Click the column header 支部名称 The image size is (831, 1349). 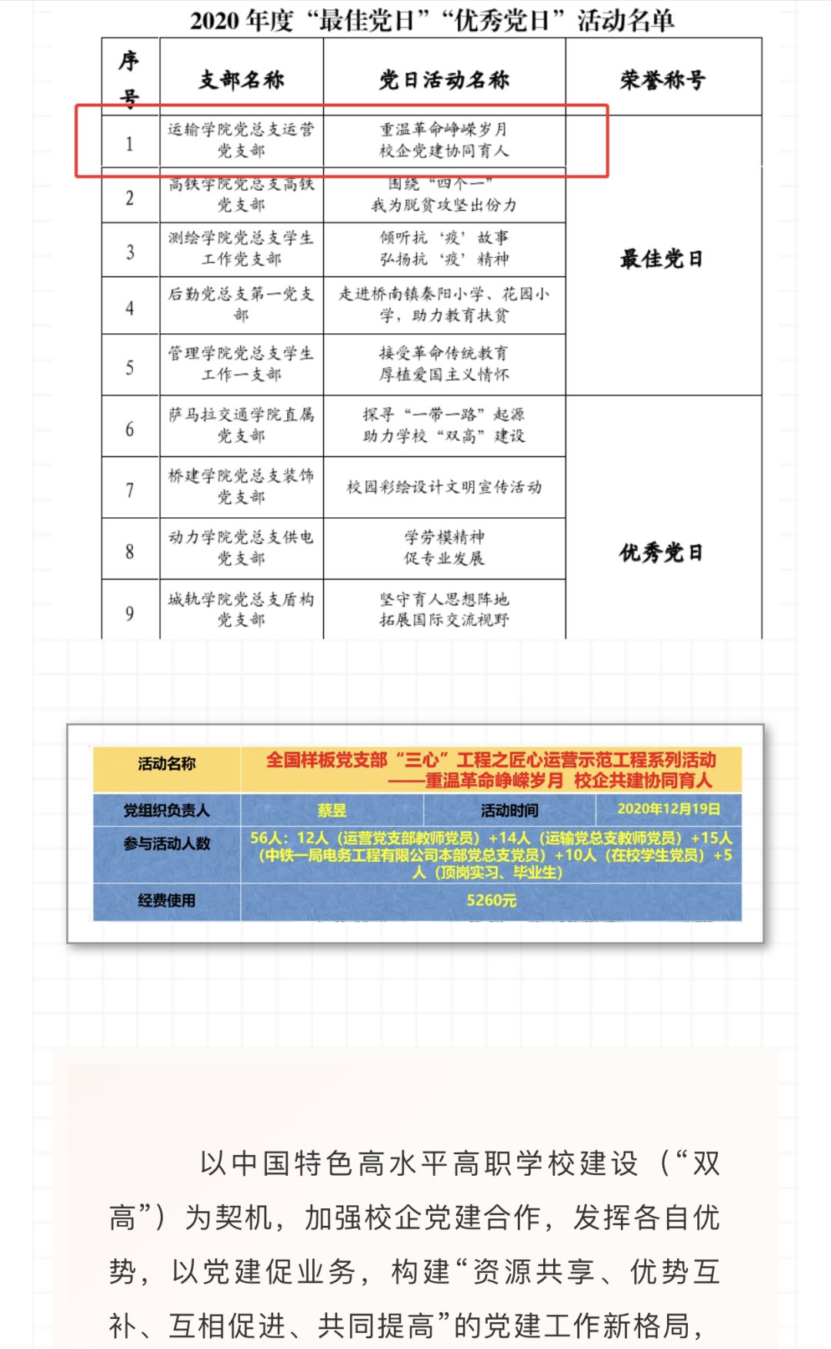pos(242,79)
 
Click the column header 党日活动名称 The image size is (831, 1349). pos(444,79)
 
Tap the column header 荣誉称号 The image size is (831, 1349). pos(662,79)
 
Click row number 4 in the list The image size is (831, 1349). pos(130,308)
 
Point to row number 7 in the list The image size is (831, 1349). pos(130,490)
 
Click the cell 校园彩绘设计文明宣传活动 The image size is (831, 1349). pos(444,487)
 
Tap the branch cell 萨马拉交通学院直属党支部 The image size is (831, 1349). pos(242,426)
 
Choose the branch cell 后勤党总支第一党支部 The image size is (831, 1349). pos(242,304)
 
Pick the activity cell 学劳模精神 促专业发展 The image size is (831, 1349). pos(444,547)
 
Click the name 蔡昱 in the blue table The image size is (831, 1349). pos(332,810)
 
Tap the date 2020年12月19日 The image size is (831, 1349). pos(669,809)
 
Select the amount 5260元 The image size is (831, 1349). pos(491,900)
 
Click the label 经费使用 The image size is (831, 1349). pos(166,900)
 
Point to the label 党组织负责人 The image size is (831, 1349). pos(166,810)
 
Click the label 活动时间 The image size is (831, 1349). pos(509,810)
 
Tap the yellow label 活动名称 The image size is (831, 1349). pos(166,764)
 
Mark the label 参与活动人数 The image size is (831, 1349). pos(166,844)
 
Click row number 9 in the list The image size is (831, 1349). pos(130,613)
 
